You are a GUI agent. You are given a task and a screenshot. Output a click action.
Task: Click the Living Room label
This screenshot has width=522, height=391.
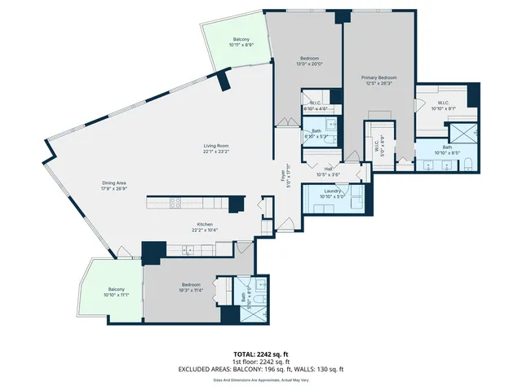click(216, 148)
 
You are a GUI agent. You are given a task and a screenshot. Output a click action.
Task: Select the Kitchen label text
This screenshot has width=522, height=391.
click(205, 227)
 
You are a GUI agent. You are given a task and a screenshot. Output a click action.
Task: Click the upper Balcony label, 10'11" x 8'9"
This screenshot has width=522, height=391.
click(241, 43)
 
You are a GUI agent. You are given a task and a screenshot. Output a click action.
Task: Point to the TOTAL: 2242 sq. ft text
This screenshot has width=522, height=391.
click(261, 354)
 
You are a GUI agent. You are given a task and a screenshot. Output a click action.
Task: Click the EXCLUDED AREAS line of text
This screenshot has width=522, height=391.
click(261, 369)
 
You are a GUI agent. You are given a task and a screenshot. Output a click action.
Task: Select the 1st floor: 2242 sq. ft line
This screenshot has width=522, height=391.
click(261, 362)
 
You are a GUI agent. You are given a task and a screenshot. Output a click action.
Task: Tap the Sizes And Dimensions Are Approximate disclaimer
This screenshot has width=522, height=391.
click(261, 380)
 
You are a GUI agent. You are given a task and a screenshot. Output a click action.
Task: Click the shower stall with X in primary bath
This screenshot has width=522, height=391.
click(463, 132)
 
